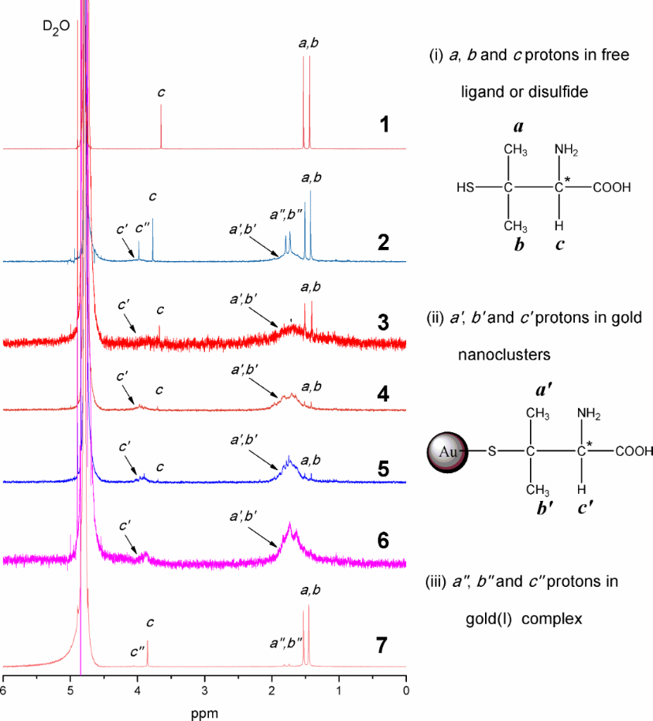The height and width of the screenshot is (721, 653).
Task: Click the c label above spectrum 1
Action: (x=161, y=92)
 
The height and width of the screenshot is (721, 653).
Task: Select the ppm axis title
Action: (x=205, y=712)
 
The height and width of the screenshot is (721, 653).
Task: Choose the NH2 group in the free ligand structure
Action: (x=568, y=149)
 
